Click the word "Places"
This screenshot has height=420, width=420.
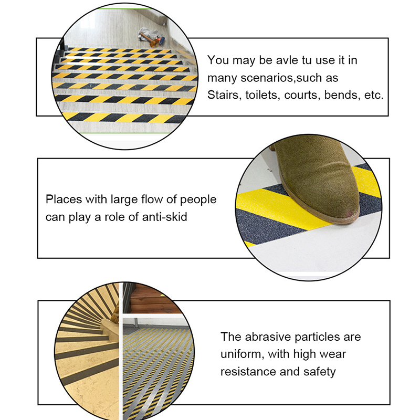64,199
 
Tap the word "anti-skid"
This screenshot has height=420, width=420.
164,217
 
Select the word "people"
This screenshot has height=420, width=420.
198,200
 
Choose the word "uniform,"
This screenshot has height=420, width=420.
242,354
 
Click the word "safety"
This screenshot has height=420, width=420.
319,372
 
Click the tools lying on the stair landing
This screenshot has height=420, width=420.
151,38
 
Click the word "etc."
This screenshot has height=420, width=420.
374,96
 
